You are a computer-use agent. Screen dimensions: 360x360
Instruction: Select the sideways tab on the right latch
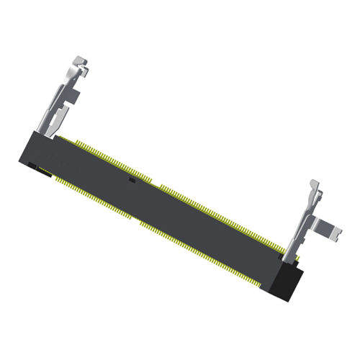pyautogui.click(x=328, y=230)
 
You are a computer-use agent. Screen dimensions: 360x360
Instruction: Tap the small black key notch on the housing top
pyautogui.click(x=130, y=180)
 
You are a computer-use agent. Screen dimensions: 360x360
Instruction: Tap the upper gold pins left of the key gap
pyautogui.click(x=108, y=155)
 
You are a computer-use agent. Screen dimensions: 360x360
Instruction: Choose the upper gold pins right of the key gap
pyautogui.click(x=216, y=212)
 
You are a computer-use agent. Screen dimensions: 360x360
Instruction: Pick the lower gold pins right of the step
pyautogui.click(x=209, y=251)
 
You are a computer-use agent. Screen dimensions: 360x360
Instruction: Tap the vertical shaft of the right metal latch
pyautogui.click(x=306, y=216)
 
